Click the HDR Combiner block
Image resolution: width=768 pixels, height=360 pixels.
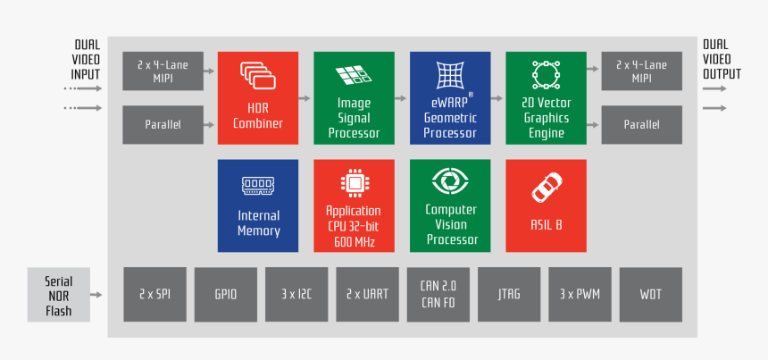tap(258, 97)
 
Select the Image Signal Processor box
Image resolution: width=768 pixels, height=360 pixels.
tap(354, 97)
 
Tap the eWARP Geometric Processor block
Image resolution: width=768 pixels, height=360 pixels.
tap(449, 97)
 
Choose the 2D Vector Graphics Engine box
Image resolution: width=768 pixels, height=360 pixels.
tap(546, 97)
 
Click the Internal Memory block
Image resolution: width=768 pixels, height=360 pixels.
tap(258, 205)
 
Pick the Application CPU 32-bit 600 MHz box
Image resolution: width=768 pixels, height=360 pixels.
tap(354, 205)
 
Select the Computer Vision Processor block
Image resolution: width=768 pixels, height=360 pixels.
tap(449, 205)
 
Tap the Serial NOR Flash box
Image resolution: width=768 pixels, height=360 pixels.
tap(59, 295)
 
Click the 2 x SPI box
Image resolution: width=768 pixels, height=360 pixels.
tap(155, 293)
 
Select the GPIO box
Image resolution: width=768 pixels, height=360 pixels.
tap(226, 293)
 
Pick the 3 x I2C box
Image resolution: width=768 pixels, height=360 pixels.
tap(296, 293)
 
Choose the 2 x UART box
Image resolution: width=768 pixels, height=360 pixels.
tap(367, 293)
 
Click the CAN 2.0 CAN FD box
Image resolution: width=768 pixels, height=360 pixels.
tap(438, 293)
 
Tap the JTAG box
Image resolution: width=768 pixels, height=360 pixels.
tap(509, 293)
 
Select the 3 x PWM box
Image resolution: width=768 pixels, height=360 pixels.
tap(580, 293)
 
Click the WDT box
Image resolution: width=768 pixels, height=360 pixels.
tap(650, 293)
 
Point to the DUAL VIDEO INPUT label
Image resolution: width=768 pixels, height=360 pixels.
tap(86, 60)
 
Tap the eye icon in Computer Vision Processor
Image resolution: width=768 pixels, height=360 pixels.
tap(449, 181)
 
